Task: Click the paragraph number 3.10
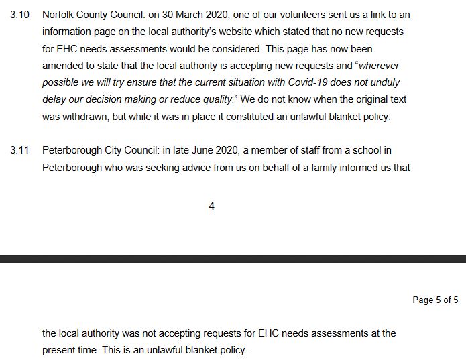click(x=20, y=15)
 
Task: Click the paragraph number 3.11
click(x=20, y=150)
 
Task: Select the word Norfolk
click(x=58, y=15)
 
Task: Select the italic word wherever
click(x=384, y=66)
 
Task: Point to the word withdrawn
click(x=87, y=117)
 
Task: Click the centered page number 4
click(x=212, y=206)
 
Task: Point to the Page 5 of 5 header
click(x=435, y=300)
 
